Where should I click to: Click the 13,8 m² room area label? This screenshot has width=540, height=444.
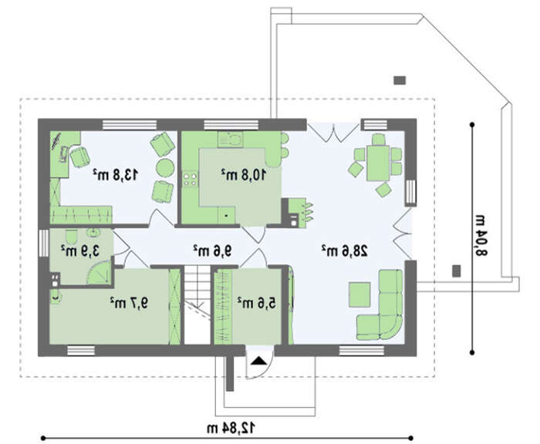[116, 175]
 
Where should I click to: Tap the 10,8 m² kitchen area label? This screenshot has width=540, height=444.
[244, 175]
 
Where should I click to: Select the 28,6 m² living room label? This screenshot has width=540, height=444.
[345, 251]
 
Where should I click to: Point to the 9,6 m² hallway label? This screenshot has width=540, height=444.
[212, 251]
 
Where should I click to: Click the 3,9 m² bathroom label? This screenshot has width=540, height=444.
[80, 251]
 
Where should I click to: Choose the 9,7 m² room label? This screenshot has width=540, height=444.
[129, 303]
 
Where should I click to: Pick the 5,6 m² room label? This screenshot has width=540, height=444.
[257, 303]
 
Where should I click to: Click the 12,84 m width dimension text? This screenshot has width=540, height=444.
[231, 428]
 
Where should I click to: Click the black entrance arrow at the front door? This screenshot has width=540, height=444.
[258, 361]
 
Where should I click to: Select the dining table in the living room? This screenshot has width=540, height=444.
[378, 163]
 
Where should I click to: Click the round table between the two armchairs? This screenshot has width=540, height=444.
[165, 167]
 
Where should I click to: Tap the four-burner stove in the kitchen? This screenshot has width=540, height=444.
[191, 180]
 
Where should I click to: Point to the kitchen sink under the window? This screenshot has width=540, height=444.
[231, 139]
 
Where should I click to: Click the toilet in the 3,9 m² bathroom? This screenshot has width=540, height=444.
[71, 236]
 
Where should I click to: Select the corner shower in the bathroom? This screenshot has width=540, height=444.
[99, 272]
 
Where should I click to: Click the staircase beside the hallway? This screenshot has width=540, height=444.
[197, 306]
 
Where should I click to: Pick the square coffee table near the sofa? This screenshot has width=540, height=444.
[359, 294]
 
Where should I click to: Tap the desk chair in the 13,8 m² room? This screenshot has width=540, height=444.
[80, 157]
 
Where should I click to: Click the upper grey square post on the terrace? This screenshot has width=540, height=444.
[400, 80]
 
